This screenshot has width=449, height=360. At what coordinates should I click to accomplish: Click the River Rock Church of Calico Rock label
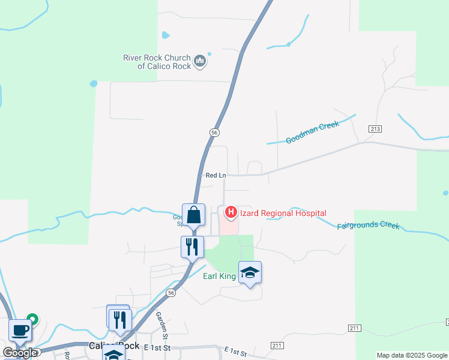pyautogui.click(x=157, y=62)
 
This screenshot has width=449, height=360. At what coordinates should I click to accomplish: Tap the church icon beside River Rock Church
pyautogui.click(x=200, y=61)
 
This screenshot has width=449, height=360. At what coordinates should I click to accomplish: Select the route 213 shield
pyautogui.click(x=376, y=129)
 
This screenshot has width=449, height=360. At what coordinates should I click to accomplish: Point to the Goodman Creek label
pyautogui.click(x=312, y=133)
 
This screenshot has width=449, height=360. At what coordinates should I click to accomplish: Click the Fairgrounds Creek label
pyautogui.click(x=368, y=226)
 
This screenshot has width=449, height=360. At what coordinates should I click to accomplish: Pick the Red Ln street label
pyautogui.click(x=215, y=175)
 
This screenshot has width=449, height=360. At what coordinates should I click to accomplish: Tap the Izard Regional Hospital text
pyautogui.click(x=283, y=213)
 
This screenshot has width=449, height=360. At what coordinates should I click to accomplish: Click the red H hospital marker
pyautogui.click(x=230, y=212)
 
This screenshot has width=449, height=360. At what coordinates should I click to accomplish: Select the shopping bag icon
pyautogui.click(x=194, y=214)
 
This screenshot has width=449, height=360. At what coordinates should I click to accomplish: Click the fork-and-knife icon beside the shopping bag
pyautogui.click(x=191, y=246)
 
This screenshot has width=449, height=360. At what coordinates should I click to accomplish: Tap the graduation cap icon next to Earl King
pyautogui.click(x=250, y=273)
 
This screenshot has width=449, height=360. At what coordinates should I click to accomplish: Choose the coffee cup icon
pyautogui.click(x=20, y=330)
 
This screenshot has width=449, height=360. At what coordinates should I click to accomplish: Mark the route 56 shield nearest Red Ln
pyautogui.click(x=214, y=132)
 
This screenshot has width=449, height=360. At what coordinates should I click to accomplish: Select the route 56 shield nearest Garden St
pyautogui.click(x=172, y=293)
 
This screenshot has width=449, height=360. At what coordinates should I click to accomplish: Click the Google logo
pyautogui.click(x=20, y=352)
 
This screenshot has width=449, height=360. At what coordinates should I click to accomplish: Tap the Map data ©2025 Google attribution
pyautogui.click(x=412, y=355)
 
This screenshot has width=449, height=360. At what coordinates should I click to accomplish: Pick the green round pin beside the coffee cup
pyautogui.click(x=34, y=320)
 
